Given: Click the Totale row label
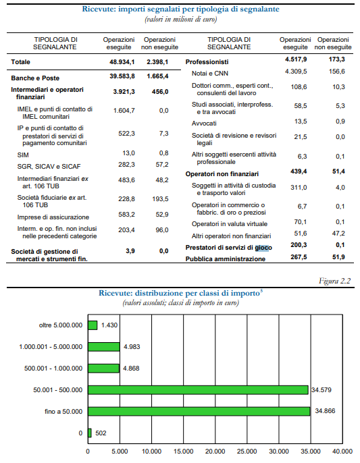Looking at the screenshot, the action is click(x=20, y=62).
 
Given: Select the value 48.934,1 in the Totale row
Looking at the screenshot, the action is click(x=122, y=61).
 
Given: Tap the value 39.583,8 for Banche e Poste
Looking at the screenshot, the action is click(x=122, y=76).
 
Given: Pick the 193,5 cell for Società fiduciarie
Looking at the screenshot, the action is click(x=160, y=199).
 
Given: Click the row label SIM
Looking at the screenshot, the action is click(x=23, y=155).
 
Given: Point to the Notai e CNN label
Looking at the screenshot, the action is click(x=210, y=74).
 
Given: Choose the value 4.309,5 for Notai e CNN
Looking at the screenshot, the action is click(x=296, y=72).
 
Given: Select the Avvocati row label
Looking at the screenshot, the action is click(x=204, y=124).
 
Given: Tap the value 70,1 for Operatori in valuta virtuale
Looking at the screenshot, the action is click(x=301, y=222).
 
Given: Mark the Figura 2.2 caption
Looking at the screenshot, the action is click(x=334, y=281).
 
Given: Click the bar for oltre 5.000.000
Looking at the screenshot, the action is click(x=93, y=325).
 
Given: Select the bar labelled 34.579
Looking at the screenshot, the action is click(x=198, y=390).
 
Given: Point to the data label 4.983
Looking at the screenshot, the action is click(x=132, y=347).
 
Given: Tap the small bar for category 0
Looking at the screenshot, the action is click(x=90, y=433).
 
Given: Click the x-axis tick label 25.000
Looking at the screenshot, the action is click(x=247, y=452).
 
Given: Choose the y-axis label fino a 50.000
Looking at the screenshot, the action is click(x=63, y=412).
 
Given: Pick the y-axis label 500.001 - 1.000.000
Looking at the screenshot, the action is click(x=53, y=369).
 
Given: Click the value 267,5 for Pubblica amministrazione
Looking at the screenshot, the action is click(x=299, y=257).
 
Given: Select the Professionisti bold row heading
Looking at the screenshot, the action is click(x=207, y=62).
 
